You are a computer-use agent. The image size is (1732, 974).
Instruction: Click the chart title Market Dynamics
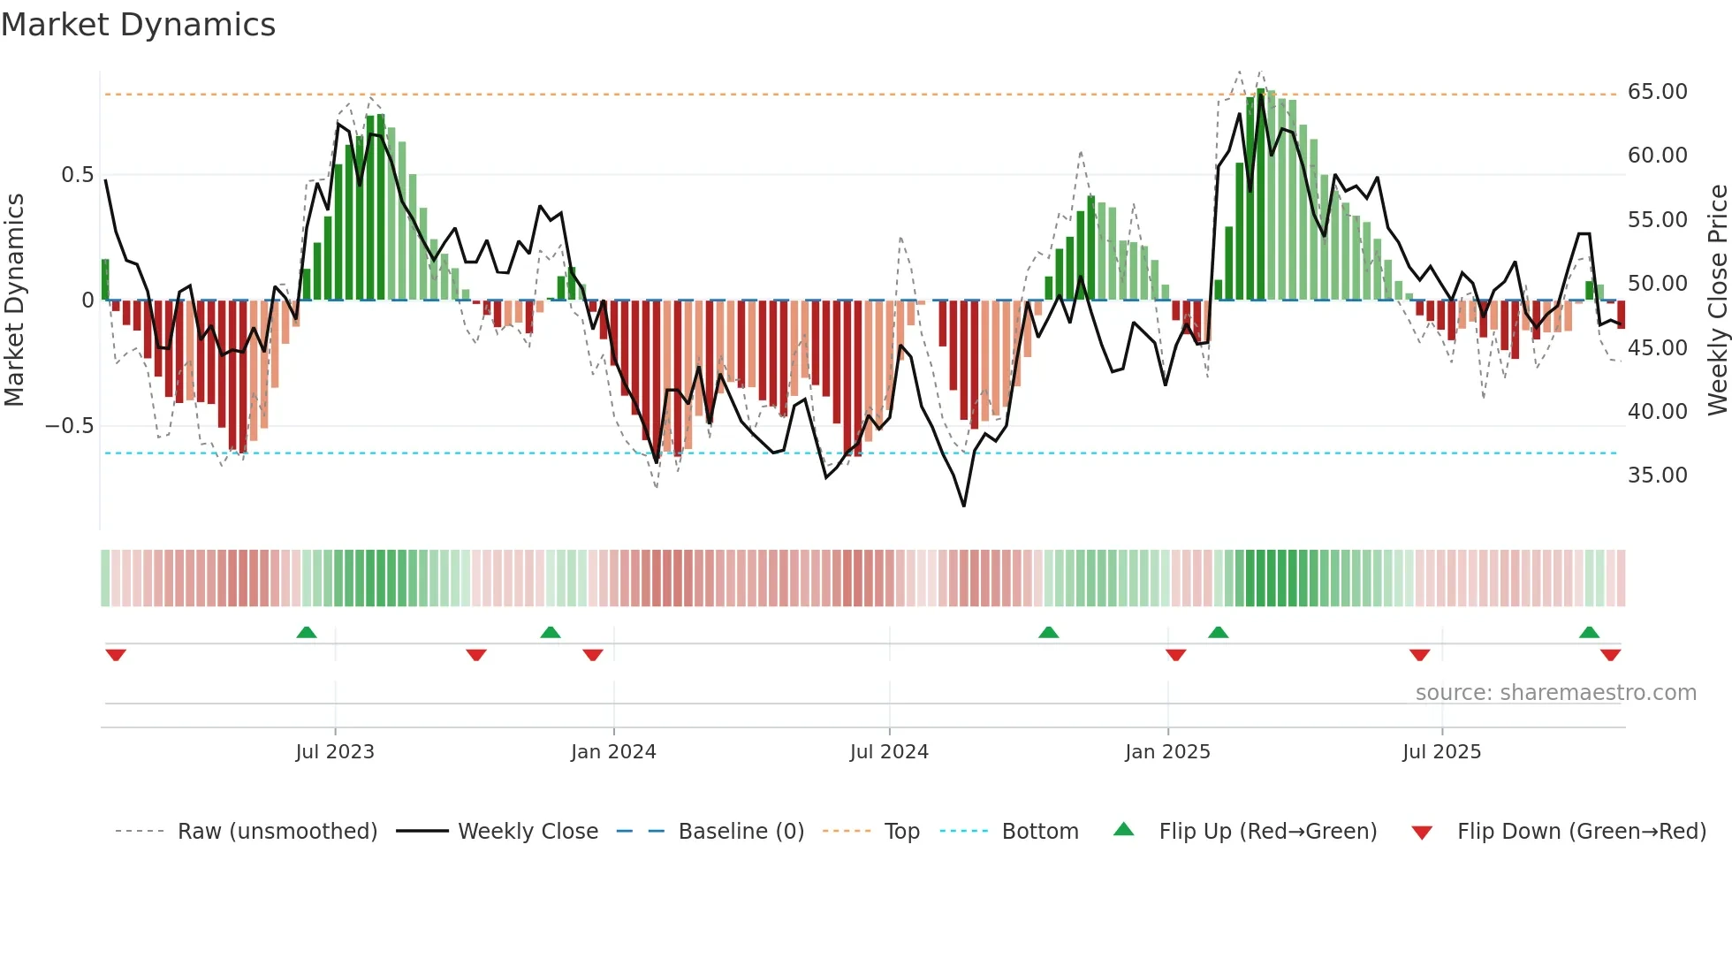(138, 25)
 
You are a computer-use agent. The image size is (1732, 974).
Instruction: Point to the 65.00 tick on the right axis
(1657, 92)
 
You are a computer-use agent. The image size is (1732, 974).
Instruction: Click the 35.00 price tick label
(1657, 476)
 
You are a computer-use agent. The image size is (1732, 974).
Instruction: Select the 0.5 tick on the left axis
(78, 175)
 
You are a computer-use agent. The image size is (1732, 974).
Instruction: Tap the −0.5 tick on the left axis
(70, 426)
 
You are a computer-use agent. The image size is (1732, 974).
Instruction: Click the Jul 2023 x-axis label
(335, 752)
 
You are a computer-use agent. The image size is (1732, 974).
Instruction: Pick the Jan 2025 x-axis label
(1167, 752)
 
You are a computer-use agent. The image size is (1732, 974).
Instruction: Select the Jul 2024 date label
(889, 752)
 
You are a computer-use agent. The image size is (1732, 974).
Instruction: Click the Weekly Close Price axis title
(1717, 300)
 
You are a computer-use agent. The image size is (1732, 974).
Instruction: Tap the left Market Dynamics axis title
(14, 300)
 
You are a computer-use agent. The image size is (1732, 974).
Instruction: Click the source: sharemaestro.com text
(1555, 693)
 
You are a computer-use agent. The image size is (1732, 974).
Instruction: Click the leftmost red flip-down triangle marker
(116, 655)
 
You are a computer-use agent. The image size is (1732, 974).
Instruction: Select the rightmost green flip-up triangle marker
(1589, 632)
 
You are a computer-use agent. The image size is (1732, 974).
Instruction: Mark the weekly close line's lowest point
(963, 506)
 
